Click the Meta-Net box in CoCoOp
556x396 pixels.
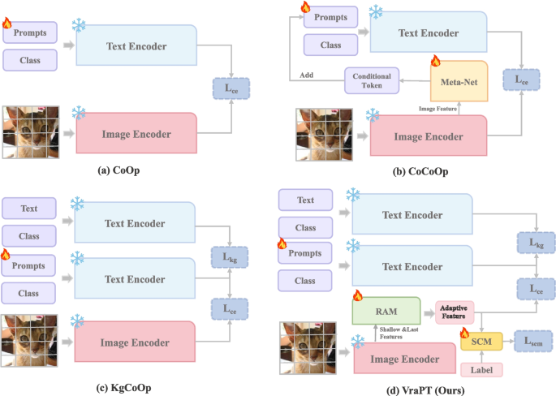458,81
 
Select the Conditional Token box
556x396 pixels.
371,80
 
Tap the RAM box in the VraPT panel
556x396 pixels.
385,311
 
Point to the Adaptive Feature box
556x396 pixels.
455,312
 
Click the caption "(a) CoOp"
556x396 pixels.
120,171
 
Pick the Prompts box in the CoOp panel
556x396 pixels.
30,34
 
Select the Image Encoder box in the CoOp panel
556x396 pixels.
136,131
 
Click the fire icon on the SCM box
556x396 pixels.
465,332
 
